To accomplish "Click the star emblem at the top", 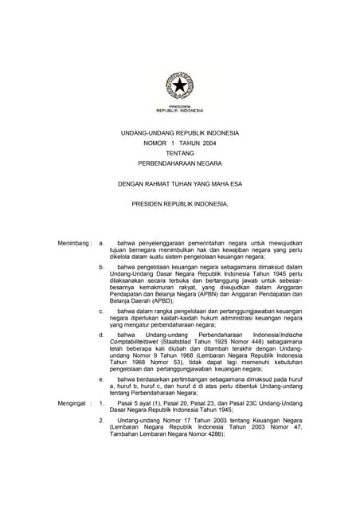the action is tap(179, 85).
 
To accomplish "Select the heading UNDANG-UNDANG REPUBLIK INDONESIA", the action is tap(179, 132).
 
